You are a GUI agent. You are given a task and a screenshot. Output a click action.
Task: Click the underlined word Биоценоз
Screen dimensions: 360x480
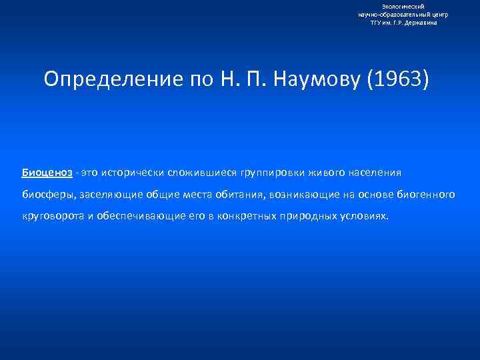(x=47, y=173)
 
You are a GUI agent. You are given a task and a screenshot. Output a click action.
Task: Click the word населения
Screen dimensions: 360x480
(x=370, y=173)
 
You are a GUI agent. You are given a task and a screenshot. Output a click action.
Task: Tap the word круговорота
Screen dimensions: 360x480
(x=52, y=217)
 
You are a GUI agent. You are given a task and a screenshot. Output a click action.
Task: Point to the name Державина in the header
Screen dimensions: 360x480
(x=420, y=22)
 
